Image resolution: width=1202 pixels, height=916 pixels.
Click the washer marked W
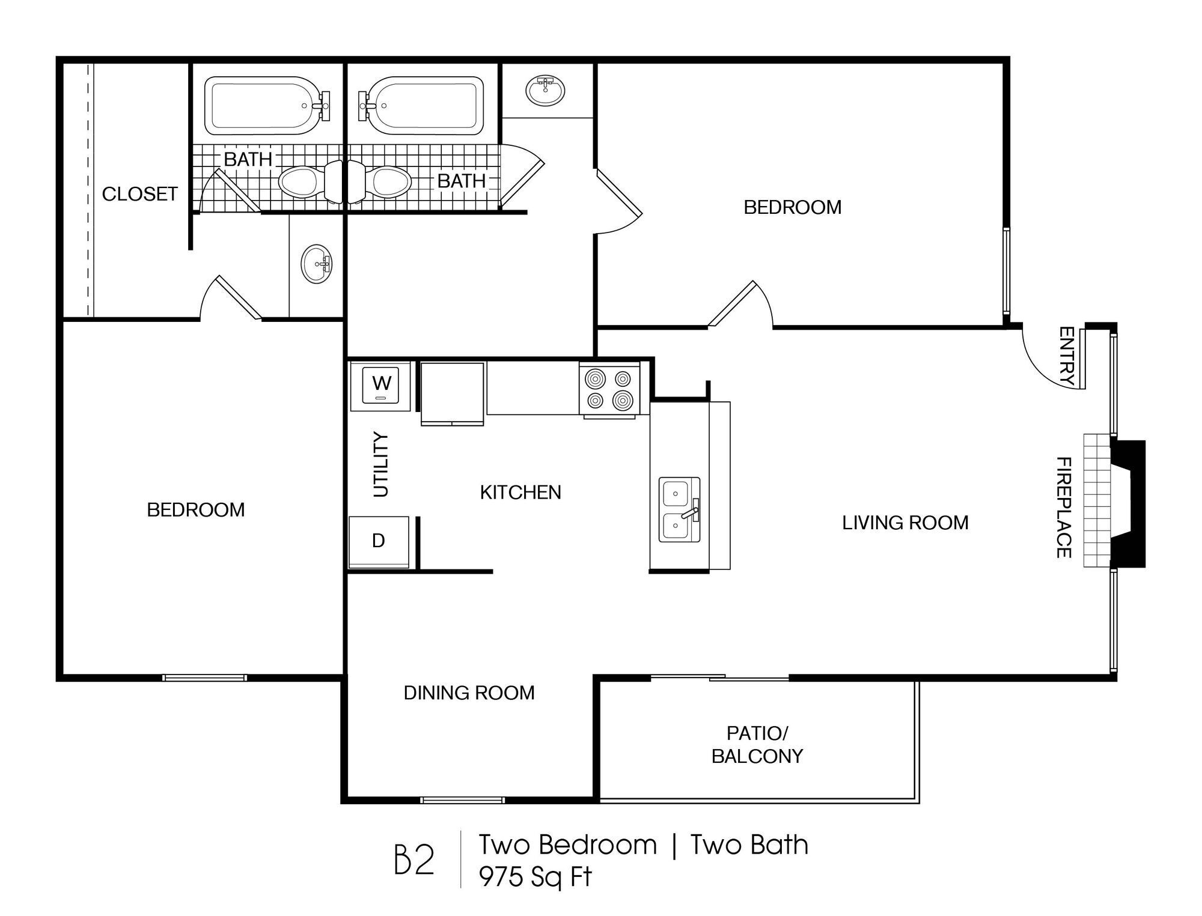click(381, 386)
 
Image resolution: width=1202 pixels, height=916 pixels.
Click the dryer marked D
click(379, 541)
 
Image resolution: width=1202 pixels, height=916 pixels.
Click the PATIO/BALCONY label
click(757, 745)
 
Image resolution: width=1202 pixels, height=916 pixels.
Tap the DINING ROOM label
click(469, 693)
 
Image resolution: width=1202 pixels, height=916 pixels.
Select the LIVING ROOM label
click(905, 523)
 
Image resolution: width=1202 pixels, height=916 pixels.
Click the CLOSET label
click(140, 194)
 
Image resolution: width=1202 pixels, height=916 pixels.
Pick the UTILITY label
click(381, 465)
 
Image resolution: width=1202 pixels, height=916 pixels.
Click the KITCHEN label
click(520, 493)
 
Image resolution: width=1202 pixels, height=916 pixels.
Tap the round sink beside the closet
click(317, 264)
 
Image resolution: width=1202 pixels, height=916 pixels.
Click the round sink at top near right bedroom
click(545, 90)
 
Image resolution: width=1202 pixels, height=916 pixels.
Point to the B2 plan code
click(413, 860)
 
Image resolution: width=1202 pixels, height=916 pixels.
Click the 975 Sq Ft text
click(535, 878)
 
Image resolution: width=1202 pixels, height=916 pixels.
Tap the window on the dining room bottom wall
click(462, 800)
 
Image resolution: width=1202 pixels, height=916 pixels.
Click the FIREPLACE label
click(1064, 508)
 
